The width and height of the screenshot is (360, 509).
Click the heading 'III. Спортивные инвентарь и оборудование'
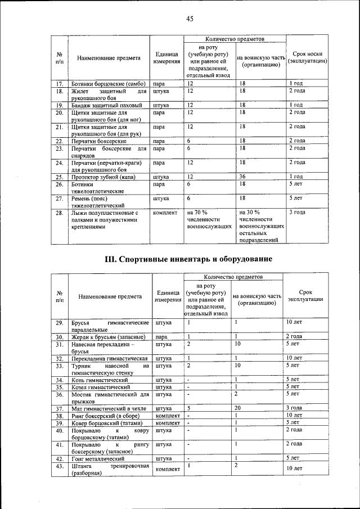click(x=190, y=259)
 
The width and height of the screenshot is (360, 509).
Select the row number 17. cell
click(x=58, y=83)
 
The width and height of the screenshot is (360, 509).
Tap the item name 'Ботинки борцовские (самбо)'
click(x=109, y=83)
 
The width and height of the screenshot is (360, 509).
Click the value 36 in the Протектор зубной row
click(x=242, y=177)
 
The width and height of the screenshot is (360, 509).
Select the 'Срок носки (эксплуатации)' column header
click(x=307, y=57)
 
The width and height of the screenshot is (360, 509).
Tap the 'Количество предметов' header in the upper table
click(x=235, y=39)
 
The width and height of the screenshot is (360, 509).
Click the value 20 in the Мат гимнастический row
click(x=238, y=408)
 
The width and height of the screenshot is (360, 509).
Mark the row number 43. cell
click(x=59, y=468)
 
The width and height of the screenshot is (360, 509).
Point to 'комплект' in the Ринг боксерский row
click(x=167, y=415)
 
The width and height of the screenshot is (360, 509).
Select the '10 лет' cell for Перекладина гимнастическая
click(x=294, y=358)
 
